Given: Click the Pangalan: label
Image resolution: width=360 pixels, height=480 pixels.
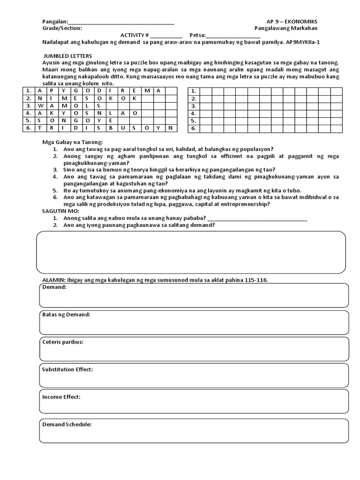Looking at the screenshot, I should [x=55, y=22].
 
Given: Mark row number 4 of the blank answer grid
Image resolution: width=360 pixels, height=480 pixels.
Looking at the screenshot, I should [x=193, y=113].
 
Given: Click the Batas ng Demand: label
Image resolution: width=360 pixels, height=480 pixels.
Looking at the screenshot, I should [x=66, y=315].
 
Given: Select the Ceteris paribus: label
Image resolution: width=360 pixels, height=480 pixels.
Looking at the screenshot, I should [x=63, y=342].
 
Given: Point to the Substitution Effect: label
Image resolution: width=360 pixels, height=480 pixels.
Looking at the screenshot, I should [x=67, y=369].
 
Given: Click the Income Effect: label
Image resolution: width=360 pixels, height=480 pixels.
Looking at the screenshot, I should [x=61, y=397].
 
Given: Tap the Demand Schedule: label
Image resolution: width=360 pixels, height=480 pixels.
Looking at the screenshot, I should [x=67, y=424].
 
